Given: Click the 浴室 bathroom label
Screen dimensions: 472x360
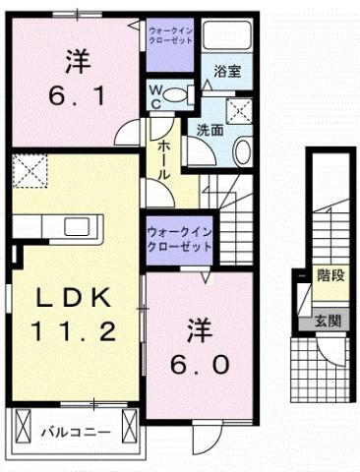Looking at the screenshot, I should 224,71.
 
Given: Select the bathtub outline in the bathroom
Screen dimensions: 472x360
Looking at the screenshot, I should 230,42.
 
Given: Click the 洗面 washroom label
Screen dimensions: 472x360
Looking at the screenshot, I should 208,129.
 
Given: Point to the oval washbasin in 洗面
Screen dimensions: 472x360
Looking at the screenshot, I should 241,150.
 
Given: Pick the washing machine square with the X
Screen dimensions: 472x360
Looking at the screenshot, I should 240,109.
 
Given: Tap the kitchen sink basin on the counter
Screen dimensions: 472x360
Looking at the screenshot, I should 76,228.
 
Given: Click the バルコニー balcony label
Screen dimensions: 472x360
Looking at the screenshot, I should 74,431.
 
